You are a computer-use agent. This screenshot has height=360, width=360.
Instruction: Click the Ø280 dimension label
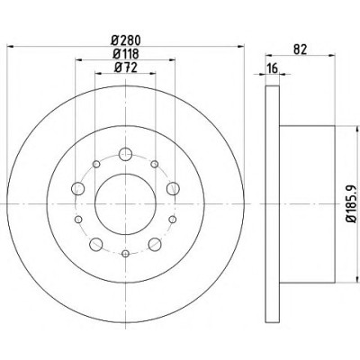pyautogui.click(x=126, y=40)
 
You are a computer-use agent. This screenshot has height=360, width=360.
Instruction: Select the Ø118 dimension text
pyautogui.click(x=126, y=54)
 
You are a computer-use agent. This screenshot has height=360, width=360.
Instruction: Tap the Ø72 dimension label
pyautogui.click(x=126, y=67)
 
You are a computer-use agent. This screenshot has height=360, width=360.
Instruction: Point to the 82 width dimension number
pyautogui.click(x=300, y=49)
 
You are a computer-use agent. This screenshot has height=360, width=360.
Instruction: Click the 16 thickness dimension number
pyautogui.click(x=273, y=68)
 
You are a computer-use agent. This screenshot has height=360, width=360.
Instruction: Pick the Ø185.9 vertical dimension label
pyautogui.click(x=352, y=204)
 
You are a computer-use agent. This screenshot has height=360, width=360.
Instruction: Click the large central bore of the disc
pyautogui.click(x=125, y=204)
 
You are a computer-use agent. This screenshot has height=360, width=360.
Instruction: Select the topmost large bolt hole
pyautogui.click(x=125, y=155)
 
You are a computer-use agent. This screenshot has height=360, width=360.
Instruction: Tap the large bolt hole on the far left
pyautogui.click(x=78, y=189)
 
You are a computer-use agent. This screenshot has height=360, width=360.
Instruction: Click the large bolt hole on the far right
pyautogui.click(x=173, y=189)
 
